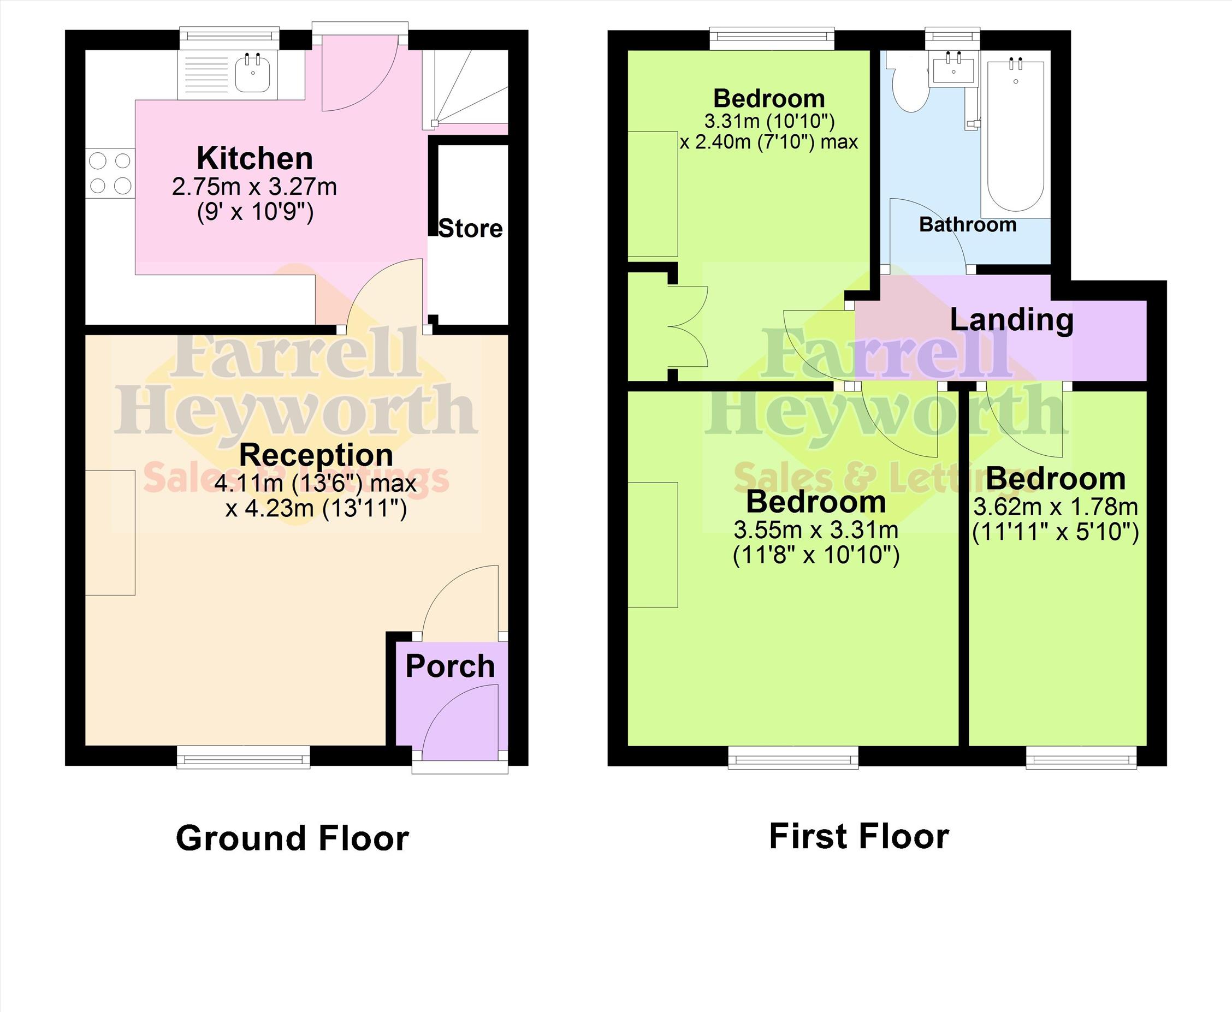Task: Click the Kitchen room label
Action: (x=255, y=158)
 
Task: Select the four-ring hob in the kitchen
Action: (x=110, y=173)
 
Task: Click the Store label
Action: (x=470, y=229)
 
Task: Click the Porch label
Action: (x=449, y=666)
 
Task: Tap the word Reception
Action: (x=316, y=455)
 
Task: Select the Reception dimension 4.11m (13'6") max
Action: (x=316, y=483)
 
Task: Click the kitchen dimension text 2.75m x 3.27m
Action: (x=254, y=187)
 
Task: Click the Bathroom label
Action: (x=968, y=224)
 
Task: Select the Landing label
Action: (x=1011, y=320)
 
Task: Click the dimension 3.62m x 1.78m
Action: (x=1055, y=507)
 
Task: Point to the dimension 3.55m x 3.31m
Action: (x=816, y=531)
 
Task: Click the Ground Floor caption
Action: (x=292, y=838)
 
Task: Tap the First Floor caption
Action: (x=859, y=837)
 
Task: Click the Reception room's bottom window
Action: (x=244, y=758)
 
